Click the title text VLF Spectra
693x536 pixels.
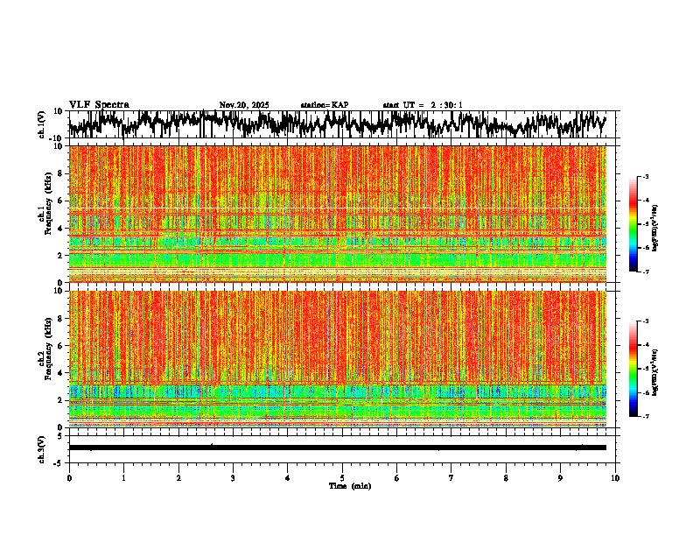pyautogui.click(x=99, y=104)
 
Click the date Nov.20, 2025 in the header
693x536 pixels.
pyautogui.click(x=244, y=105)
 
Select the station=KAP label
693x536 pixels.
pyautogui.click(x=324, y=105)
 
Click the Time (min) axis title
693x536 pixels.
pyautogui.click(x=349, y=485)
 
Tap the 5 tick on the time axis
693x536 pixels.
pyautogui.click(x=342, y=478)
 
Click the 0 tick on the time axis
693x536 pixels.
pyautogui.click(x=69, y=478)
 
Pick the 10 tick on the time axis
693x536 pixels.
pyautogui.click(x=615, y=478)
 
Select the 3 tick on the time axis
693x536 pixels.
pyautogui.click(x=233, y=478)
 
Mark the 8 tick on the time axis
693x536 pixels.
pyautogui.click(x=506, y=478)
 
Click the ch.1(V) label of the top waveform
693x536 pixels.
pyautogui.click(x=42, y=124)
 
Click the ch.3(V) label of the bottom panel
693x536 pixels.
pyautogui.click(x=42, y=448)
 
